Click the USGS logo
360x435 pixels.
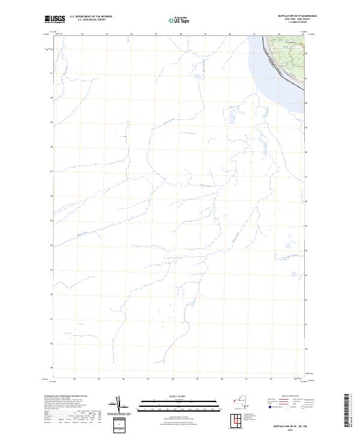[55, 19]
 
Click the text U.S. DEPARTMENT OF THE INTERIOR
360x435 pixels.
[91, 16]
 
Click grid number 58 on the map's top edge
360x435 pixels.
[180, 34]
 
